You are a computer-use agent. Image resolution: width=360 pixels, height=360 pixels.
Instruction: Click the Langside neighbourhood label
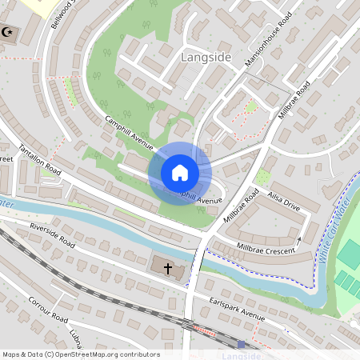(x=206, y=58)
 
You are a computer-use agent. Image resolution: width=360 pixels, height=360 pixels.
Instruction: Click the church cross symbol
(x=168, y=268)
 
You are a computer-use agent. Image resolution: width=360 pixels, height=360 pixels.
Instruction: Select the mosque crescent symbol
(x=10, y=33)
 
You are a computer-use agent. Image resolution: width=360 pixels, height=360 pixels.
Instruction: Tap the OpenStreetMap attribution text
(x=81, y=354)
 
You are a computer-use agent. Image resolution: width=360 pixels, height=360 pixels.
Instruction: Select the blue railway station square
(x=241, y=344)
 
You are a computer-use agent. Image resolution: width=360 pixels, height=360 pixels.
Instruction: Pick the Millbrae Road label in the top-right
(x=294, y=100)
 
